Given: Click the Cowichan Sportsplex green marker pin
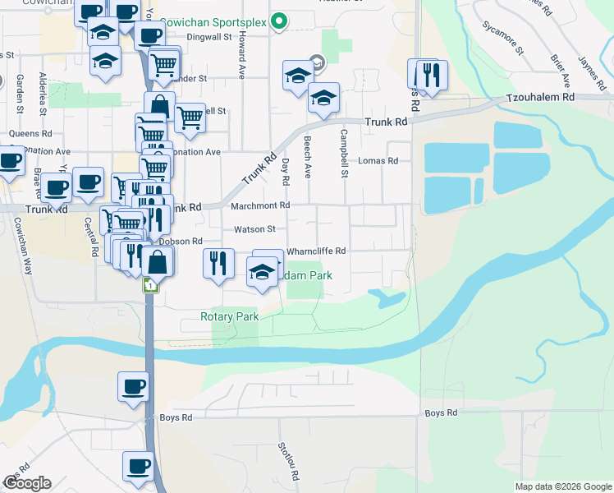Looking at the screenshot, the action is click(279, 21).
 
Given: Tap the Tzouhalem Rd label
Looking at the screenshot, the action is click(541, 96).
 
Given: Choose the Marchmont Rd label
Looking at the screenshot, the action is click(260, 205).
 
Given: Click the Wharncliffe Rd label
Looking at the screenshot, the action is click(316, 251).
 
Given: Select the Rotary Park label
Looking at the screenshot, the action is click(230, 316).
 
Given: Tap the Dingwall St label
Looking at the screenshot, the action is click(197, 37).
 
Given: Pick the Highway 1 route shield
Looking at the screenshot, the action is click(150, 285).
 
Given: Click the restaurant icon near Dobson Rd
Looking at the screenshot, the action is click(218, 264).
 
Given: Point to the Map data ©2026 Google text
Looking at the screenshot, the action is click(562, 486).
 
